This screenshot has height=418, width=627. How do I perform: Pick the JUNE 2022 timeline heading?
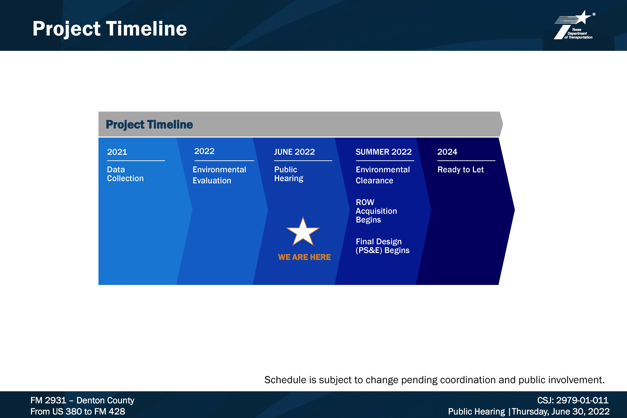[294, 152]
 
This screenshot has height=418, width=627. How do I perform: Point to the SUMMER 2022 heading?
[384, 152]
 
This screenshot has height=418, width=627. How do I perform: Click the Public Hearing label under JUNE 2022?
[289, 174]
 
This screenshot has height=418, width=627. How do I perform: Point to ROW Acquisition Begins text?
[376, 211]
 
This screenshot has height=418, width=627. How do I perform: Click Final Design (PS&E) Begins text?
[383, 246]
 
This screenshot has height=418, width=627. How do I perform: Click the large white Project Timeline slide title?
[110, 29]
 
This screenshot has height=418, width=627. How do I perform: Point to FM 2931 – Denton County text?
[82, 400]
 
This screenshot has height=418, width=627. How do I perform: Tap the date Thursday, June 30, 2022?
[561, 411]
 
